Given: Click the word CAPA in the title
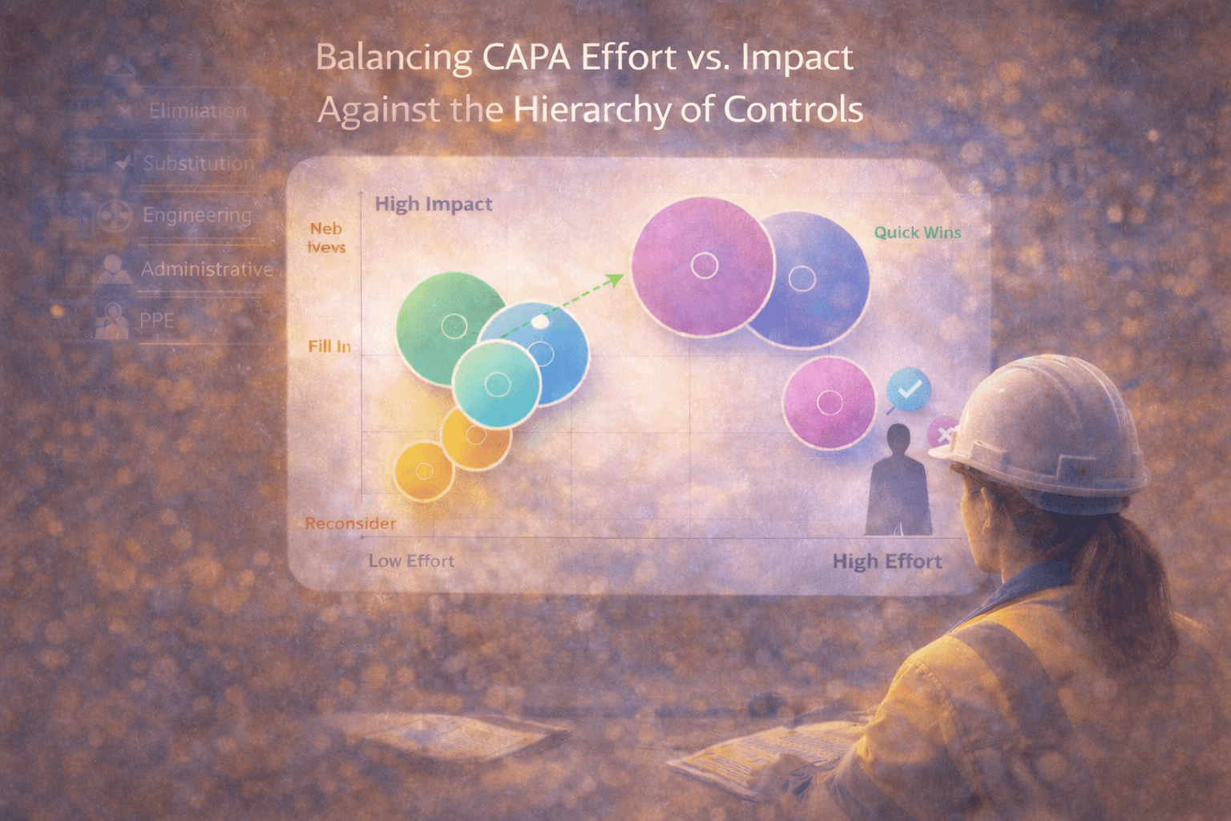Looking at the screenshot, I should tap(527, 59).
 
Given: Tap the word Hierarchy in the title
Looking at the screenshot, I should tap(592, 109).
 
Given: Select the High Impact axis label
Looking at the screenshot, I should tap(434, 204).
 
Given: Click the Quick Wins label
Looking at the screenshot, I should tap(917, 233).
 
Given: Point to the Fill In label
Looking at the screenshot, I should tap(329, 346).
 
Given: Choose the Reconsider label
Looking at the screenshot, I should tap(350, 524).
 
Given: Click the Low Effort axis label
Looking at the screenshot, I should tap(411, 561).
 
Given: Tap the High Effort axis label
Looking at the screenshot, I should tap(886, 561).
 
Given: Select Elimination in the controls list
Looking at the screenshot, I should tap(197, 111).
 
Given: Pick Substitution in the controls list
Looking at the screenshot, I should tap(198, 164).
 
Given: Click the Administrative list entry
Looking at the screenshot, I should tap(207, 269).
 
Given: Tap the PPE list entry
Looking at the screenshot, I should tap(156, 322).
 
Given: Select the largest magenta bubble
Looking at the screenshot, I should tap(703, 266).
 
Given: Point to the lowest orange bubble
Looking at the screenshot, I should tap(424, 471).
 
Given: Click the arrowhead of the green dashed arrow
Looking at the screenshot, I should tap(616, 278).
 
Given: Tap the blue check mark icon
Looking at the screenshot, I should tap(909, 390).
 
